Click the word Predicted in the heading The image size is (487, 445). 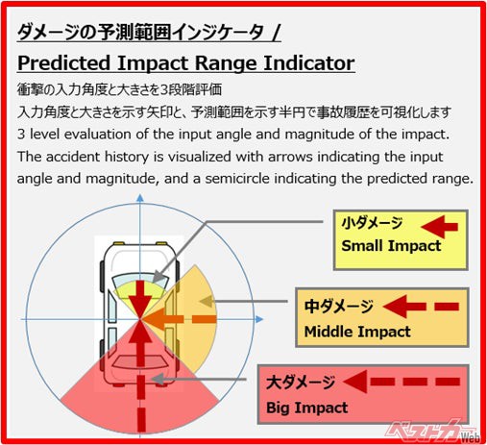[63, 63]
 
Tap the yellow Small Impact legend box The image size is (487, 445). [401, 240]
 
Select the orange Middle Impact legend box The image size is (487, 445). [382, 317]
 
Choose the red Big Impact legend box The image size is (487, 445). [363, 394]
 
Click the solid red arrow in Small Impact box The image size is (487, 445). [439, 227]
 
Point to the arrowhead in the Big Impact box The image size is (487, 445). [355, 382]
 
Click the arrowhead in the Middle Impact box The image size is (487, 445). [395, 307]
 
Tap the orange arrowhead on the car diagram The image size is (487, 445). [153, 319]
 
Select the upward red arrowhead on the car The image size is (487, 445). [140, 332]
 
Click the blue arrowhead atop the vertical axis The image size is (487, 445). [140, 198]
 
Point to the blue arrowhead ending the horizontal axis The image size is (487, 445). [259, 319]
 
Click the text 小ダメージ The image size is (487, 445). [372, 223]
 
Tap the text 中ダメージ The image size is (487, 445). [339, 306]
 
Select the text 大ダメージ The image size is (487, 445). [301, 383]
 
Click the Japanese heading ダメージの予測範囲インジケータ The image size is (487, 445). [140, 33]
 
